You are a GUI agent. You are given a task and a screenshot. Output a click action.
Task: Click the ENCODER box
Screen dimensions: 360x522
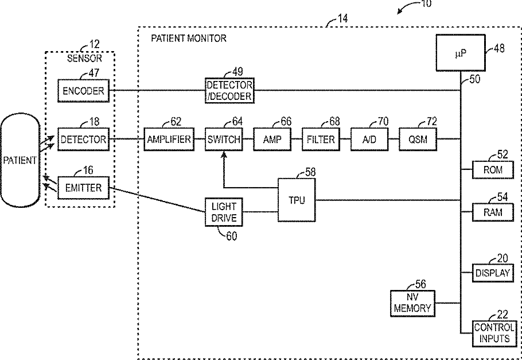point(83,91)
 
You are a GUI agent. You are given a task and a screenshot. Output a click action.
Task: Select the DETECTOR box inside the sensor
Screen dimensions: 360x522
point(83,139)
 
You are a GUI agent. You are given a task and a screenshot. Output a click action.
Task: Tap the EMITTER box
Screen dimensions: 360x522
point(83,187)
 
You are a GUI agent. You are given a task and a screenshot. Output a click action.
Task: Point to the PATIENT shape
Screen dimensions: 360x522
point(20,160)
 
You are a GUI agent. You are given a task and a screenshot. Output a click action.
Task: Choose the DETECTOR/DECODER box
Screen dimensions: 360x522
point(229,91)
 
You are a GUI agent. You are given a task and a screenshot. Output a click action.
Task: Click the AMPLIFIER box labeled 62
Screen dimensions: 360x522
point(168,139)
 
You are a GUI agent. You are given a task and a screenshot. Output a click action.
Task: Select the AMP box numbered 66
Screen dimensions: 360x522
point(272,139)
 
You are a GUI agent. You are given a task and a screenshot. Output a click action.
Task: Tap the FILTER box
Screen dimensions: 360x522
point(321,139)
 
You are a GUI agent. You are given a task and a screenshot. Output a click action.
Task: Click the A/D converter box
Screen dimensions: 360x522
point(369,139)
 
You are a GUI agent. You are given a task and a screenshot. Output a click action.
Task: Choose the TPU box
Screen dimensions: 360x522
point(297,200)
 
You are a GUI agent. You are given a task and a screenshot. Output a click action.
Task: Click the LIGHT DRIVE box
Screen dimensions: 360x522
point(224,212)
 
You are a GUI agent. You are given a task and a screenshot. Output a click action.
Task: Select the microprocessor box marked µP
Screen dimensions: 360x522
point(460,54)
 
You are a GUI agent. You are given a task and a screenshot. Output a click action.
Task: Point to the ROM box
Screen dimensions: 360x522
point(493,170)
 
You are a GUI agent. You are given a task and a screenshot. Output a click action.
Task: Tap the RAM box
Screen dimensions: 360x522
point(493,212)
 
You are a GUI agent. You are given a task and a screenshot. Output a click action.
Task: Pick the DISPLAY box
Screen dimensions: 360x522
point(493,273)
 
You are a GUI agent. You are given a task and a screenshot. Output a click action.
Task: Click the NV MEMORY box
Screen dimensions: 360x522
point(412,303)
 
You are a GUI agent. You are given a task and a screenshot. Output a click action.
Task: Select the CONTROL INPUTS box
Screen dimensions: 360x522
point(494,333)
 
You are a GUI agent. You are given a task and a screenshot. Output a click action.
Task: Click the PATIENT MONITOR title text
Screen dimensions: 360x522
point(188,38)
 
